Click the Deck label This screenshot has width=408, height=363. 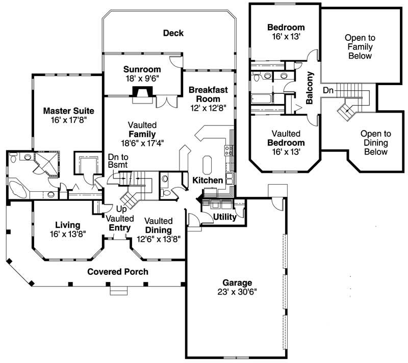(173, 34)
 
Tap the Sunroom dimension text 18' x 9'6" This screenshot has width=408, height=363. (142, 79)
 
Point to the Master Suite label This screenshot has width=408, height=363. (68, 111)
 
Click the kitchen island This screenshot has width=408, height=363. (207, 165)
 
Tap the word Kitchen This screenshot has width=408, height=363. (207, 180)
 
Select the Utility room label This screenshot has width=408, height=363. (224, 217)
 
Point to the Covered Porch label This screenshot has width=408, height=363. (118, 272)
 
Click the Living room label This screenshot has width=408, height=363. (68, 225)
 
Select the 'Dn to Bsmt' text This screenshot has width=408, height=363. (117, 161)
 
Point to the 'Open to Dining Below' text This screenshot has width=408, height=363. (374, 143)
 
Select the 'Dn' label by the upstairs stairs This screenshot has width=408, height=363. (328, 90)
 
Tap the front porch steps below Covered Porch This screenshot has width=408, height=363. (118, 291)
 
